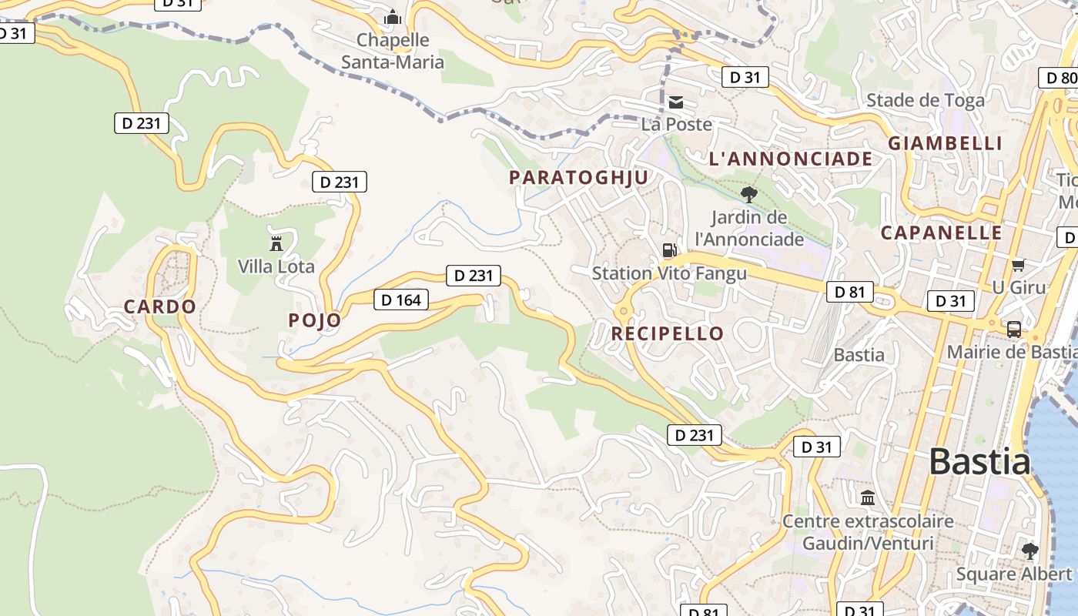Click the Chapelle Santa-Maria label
[393, 51]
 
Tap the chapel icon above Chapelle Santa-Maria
[393, 17]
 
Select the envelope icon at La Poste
[676, 102]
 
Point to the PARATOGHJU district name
[579, 177]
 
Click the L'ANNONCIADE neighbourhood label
[791, 159]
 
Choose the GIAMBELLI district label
[946, 143]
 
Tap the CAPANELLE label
[942, 233]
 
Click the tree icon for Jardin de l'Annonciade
[748, 194]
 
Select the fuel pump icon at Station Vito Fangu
[670, 249]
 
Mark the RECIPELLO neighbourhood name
[668, 333]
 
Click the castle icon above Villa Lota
[276, 243]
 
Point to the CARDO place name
[160, 306]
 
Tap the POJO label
[314, 320]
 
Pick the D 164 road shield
[401, 300]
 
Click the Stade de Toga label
[926, 100]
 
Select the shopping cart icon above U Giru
[1018, 265]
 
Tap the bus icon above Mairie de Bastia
[1014, 330]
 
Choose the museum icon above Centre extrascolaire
[868, 497]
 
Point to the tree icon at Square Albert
[1029, 551]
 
